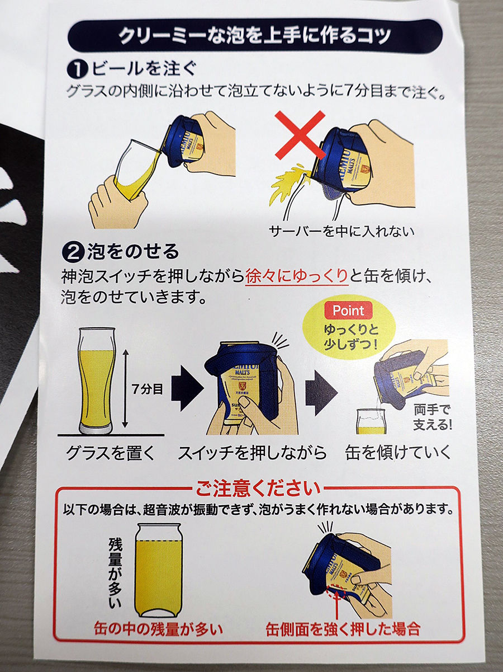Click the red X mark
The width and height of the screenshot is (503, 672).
click(300, 135)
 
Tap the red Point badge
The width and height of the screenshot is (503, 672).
click(348, 311)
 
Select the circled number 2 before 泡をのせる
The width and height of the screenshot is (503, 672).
click(73, 252)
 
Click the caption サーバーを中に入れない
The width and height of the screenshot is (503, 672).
click(341, 232)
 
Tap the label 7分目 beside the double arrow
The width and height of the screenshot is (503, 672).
click(148, 389)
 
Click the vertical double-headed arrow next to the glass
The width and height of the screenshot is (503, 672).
click(125, 389)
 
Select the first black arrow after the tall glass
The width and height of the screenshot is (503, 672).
click(187, 388)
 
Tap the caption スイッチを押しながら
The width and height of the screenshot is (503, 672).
click(252, 453)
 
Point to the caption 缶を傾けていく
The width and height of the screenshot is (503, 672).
click(398, 453)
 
